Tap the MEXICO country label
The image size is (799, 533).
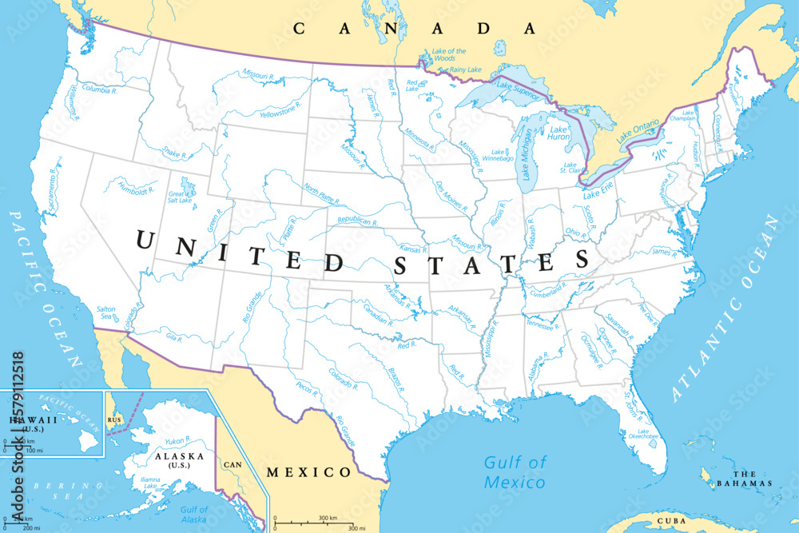click(308, 472)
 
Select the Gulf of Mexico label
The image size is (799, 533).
click(515, 472)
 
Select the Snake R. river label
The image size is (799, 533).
click(174, 152)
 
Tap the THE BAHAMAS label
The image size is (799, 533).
click(745, 479)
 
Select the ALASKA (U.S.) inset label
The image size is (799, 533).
click(179, 460)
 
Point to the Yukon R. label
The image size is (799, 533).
click(177, 441)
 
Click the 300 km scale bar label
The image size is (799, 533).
click(327, 519)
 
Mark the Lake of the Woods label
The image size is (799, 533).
click(449, 54)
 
